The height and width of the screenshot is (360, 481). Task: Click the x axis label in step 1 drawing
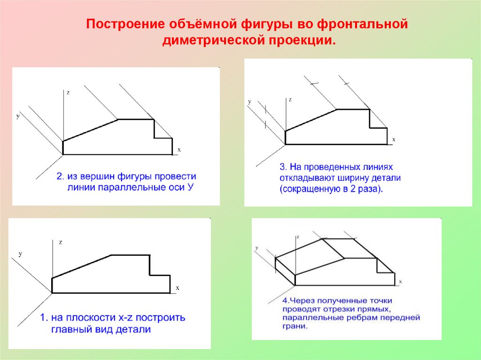point(177,287)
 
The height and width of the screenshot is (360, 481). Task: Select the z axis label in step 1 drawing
point(61,242)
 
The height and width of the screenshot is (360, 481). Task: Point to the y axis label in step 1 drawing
point(20,253)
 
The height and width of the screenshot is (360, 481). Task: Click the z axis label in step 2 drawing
point(68,93)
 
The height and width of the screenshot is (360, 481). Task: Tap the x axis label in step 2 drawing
point(179,150)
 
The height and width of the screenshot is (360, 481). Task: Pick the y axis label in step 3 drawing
point(249,101)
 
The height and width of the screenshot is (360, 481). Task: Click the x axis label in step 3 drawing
point(394,139)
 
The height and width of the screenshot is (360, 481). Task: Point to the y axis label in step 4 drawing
point(257,247)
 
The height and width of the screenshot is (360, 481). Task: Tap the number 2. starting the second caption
point(60,177)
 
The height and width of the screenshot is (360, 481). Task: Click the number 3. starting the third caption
point(283,167)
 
